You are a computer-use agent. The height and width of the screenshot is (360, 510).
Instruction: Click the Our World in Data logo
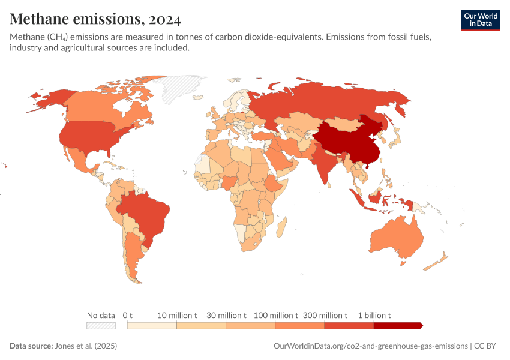pyautogui.click(x=480, y=20)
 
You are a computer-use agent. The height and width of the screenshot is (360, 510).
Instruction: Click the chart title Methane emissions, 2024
pyautogui.click(x=95, y=19)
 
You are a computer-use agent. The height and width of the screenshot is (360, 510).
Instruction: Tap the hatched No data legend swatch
pyautogui.click(x=101, y=325)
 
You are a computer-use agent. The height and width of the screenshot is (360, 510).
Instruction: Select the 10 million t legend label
pyautogui.click(x=177, y=315)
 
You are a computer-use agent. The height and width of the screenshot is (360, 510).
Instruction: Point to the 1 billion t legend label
pyautogui.click(x=374, y=315)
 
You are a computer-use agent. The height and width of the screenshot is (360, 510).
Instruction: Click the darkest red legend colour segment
pyautogui.click(x=397, y=325)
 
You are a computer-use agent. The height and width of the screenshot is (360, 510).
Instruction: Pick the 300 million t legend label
pyautogui.click(x=325, y=315)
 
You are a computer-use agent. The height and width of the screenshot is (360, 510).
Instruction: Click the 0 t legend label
pyautogui.click(x=127, y=315)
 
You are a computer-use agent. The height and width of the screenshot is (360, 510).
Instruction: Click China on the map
pyautogui.click(x=348, y=141)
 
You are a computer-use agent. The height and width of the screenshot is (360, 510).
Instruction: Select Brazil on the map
pyautogui.click(x=147, y=213)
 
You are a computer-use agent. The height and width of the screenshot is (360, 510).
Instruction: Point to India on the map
pyautogui.click(x=324, y=162)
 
